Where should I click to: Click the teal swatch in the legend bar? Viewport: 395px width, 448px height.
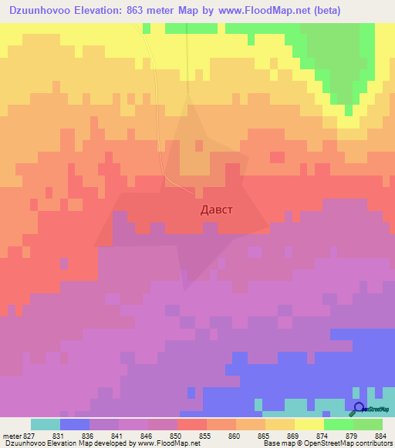point(46,424)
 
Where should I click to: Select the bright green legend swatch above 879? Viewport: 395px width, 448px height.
point(339,424)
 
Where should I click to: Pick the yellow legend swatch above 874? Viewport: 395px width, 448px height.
point(309,424)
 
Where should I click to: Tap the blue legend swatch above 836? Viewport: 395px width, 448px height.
point(75,424)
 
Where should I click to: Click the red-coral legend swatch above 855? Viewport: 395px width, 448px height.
point(192,424)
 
